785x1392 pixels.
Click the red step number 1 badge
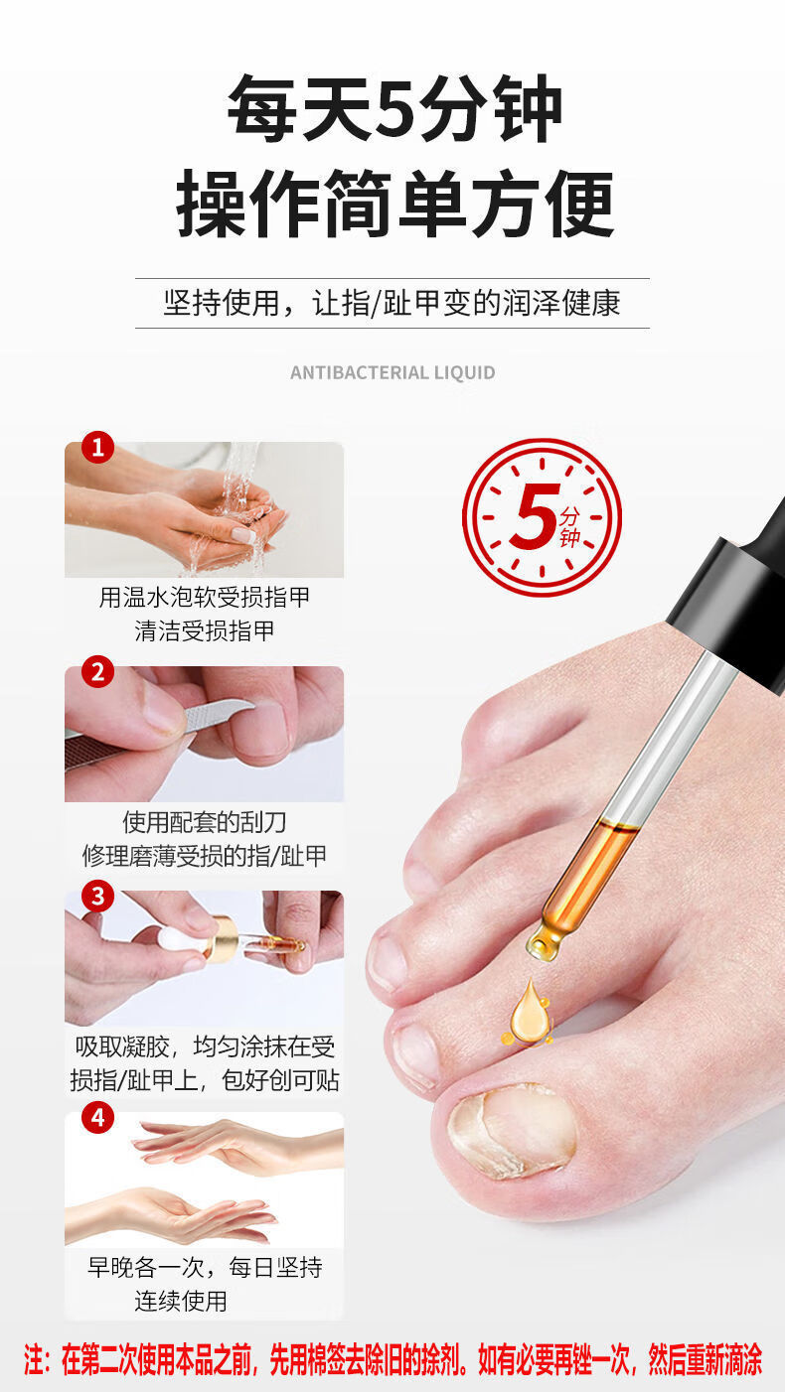tap(97, 448)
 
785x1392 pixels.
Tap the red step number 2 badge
tap(97, 672)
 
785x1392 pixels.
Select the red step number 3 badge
tap(97, 897)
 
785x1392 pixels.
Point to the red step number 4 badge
tap(97, 1118)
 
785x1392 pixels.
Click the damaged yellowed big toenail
tap(513, 1129)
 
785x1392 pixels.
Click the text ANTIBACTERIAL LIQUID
tap(392, 373)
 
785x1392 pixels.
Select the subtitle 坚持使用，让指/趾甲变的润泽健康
tap(392, 303)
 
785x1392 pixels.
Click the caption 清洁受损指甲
tap(205, 629)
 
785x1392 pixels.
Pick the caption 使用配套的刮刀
tap(205, 822)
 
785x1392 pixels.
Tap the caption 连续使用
tap(181, 1300)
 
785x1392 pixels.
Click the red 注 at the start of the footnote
tap(36, 1359)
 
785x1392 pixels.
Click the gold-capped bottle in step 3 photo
tap(221, 936)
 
